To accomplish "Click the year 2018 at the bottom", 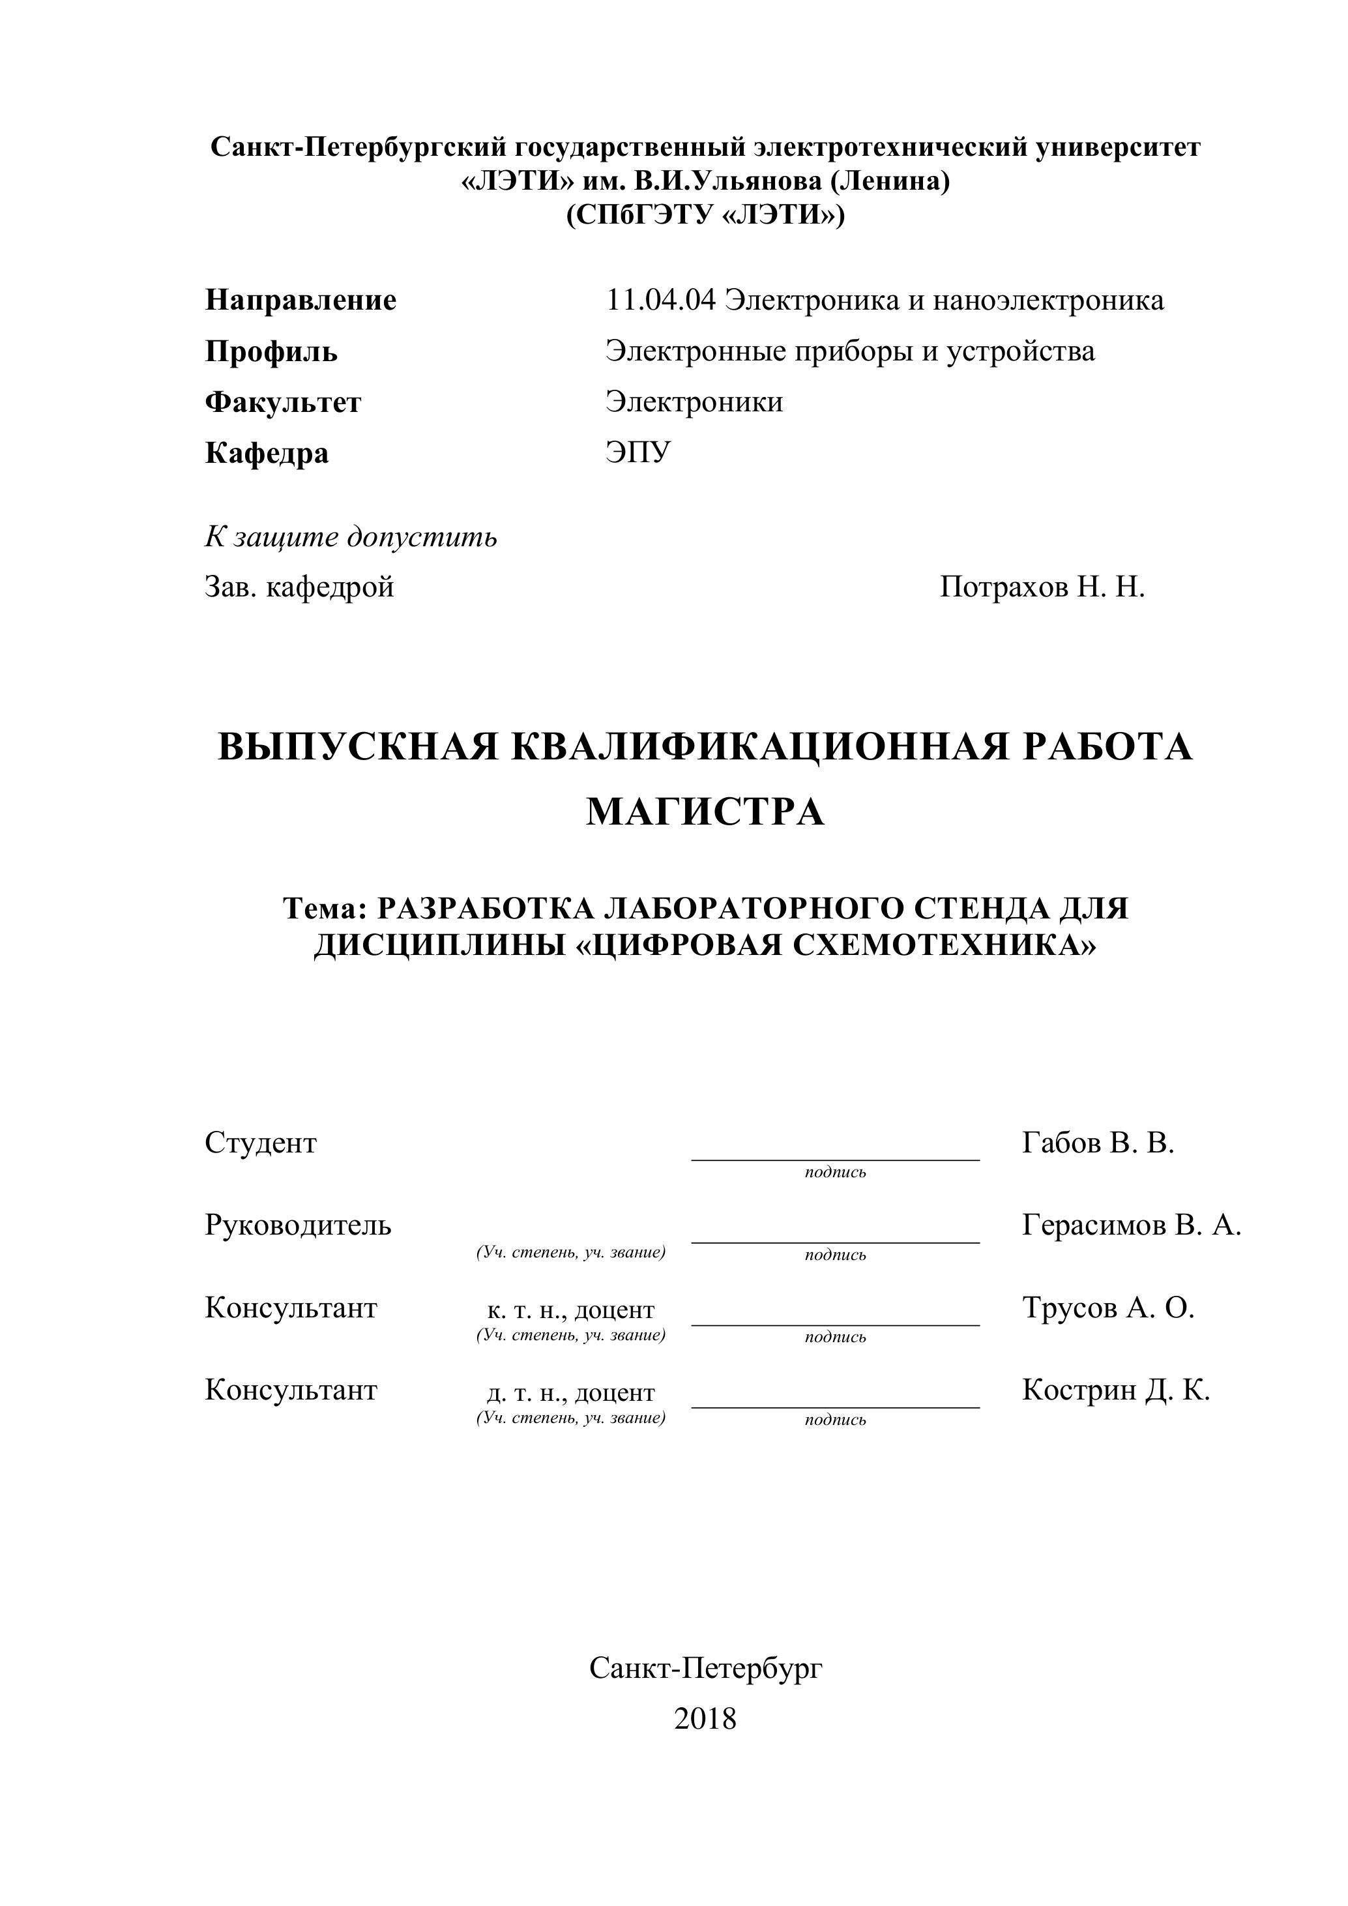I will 705,1718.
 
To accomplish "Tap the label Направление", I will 300,301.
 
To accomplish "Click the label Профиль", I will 271,352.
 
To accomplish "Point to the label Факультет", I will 283,403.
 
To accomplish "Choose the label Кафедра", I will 267,453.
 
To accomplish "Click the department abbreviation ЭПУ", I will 637,453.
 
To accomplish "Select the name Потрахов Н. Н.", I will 1042,588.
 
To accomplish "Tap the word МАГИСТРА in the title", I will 705,812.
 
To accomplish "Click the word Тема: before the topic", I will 325,909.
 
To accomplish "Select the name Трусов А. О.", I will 1107,1308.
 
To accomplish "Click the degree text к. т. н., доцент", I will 570,1310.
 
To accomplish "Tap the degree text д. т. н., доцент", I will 570,1392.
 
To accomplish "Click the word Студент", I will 261,1143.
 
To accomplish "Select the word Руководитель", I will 298,1225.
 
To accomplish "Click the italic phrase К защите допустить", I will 351,537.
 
